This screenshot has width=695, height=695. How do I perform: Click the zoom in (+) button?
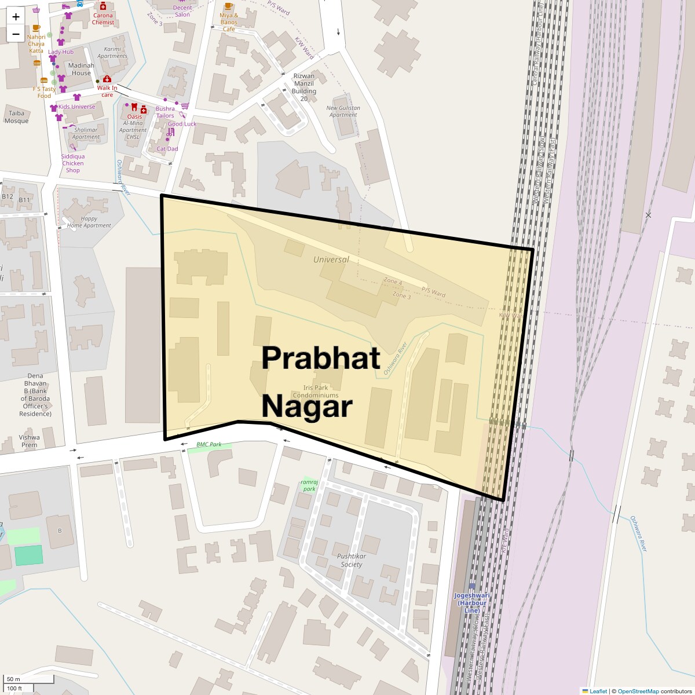[16, 17]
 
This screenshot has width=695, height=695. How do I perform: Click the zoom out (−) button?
[16, 34]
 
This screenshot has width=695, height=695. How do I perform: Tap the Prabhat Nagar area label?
[320, 382]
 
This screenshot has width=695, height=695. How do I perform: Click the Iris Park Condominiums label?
[315, 392]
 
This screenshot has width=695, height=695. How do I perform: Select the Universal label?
[331, 259]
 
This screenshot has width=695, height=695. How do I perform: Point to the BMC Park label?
[209, 445]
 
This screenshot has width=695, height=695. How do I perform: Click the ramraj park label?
[309, 485]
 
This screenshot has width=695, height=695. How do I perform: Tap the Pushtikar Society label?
[352, 560]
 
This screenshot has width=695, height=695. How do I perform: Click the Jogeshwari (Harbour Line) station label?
[471, 602]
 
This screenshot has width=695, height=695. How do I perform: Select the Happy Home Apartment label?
[89, 222]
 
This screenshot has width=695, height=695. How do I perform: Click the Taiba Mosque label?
[16, 117]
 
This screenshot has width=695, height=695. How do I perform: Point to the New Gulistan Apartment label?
[343, 111]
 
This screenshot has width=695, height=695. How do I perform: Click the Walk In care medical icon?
[107, 79]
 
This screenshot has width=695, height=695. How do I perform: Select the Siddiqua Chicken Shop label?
[73, 163]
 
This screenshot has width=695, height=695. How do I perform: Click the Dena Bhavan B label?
[35, 394]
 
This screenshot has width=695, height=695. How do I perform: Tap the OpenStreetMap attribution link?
[638, 691]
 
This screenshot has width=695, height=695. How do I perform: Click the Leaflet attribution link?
[598, 691]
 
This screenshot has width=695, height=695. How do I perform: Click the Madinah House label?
[81, 69]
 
